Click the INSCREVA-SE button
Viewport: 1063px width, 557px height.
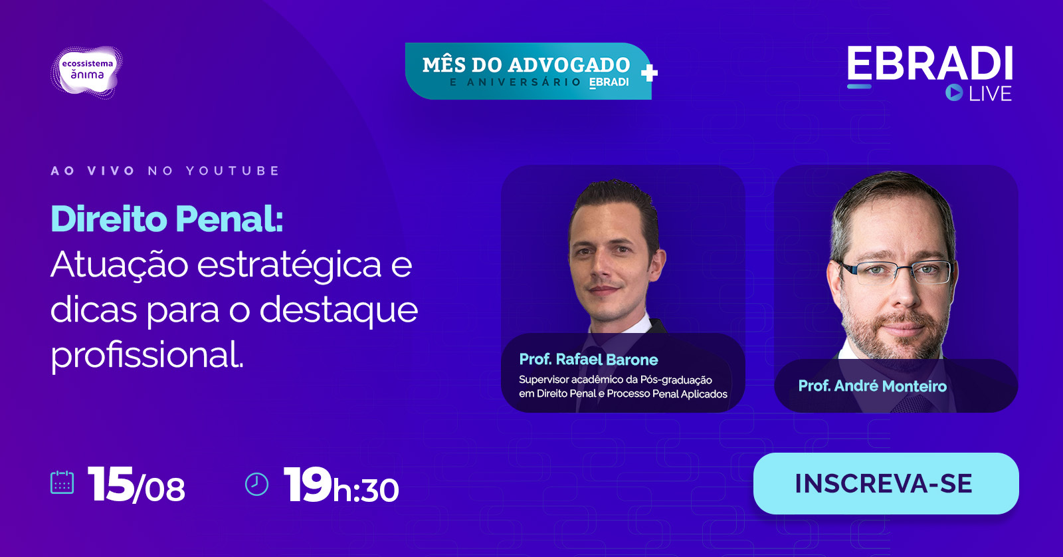[886, 483]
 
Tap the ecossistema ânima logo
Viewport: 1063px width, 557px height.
[87, 72]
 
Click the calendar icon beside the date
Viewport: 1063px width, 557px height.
[62, 483]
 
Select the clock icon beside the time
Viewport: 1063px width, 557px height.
[256, 484]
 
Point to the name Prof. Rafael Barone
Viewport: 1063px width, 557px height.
[589, 360]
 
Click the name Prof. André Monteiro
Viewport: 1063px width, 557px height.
[872, 386]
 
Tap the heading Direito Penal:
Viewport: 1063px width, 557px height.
[167, 219]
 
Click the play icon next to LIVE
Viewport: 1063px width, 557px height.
[954, 92]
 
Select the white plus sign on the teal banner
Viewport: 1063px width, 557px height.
[649, 73]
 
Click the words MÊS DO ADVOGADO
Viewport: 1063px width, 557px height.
[526, 65]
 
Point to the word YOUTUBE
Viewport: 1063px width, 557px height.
[233, 171]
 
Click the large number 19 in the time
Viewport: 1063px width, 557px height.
[308, 484]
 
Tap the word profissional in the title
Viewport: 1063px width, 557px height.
[147, 355]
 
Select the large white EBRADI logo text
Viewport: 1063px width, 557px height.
[929, 63]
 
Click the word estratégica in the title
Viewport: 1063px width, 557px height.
[289, 265]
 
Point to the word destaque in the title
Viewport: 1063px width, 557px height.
[338, 310]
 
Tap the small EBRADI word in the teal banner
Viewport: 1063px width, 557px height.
[609, 82]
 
